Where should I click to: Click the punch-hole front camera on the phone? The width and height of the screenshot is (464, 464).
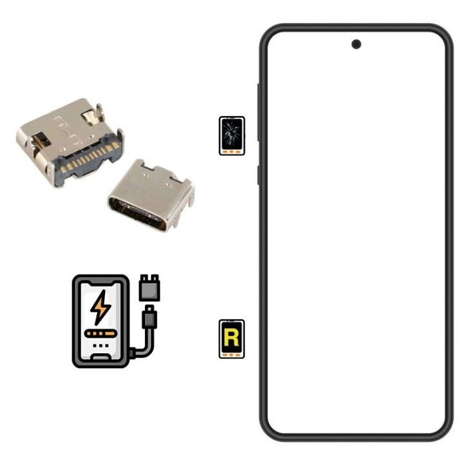click(x=356, y=44)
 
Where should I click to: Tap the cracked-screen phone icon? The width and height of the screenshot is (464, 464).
click(x=232, y=135)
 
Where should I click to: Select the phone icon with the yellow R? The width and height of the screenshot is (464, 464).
click(x=232, y=339)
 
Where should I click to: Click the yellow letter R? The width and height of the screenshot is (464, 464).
click(x=232, y=336)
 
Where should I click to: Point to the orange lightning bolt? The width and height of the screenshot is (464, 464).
click(x=101, y=309)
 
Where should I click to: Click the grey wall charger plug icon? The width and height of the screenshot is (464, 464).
click(x=150, y=287)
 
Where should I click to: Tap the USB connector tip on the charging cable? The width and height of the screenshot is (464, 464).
click(x=150, y=317)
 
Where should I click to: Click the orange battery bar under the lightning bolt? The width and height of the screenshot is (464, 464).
click(x=100, y=334)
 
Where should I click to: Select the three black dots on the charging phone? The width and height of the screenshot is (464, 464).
click(x=100, y=346)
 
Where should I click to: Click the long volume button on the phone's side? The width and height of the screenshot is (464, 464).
click(x=259, y=113)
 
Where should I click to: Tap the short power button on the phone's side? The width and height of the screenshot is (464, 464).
click(x=259, y=175)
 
